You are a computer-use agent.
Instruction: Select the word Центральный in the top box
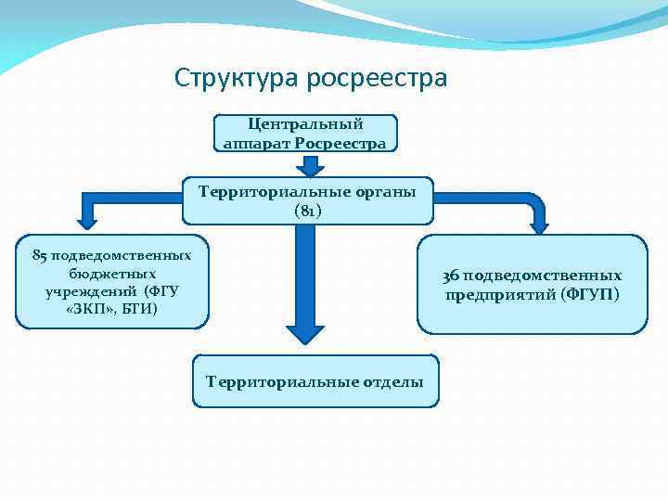coord(306,124)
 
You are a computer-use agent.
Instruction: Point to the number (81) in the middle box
coord(307,210)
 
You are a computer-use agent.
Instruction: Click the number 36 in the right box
coord(451,276)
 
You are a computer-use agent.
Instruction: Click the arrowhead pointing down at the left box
coord(88,220)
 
